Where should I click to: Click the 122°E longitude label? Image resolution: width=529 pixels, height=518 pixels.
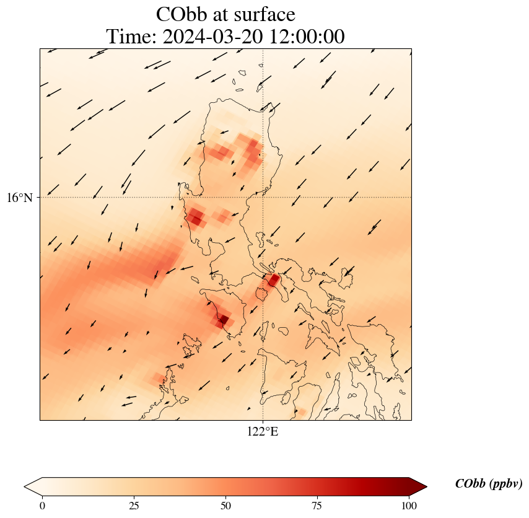point(263,432)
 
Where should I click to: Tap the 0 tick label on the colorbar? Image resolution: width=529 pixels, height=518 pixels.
point(42,505)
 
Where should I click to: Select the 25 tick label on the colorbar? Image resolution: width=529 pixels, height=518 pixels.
point(134,505)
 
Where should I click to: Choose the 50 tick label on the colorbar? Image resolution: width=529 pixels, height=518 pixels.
point(225,505)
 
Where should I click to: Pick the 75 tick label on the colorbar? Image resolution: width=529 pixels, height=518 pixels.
point(317,505)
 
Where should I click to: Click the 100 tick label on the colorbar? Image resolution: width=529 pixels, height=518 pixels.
point(409,505)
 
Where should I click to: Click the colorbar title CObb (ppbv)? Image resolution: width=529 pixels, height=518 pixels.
point(489,484)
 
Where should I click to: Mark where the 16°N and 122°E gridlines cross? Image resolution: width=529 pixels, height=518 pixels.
point(263,198)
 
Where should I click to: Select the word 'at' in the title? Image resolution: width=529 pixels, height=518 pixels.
point(223,14)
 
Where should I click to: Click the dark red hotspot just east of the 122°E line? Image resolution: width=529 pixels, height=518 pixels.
point(273,280)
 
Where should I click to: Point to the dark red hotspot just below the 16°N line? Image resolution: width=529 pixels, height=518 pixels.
point(196,217)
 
